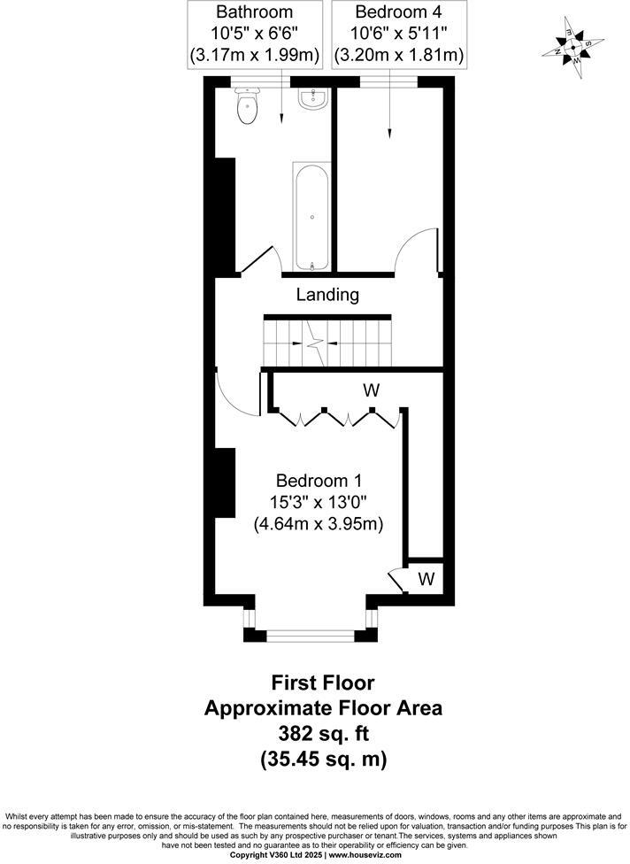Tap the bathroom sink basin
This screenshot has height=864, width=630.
[311, 99]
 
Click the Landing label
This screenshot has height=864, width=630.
[327, 295]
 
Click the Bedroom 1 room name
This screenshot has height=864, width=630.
[319, 481]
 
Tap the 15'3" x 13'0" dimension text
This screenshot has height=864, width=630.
[319, 502]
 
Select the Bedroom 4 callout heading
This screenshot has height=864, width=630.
[398, 12]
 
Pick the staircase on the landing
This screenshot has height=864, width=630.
[327, 341]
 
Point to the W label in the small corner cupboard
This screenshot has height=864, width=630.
[426, 580]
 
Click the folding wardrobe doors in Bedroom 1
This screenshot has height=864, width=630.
[336, 417]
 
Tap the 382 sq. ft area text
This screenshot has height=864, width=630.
[323, 733]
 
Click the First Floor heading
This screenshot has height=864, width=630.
[323, 683]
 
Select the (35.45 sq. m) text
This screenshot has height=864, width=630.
[323, 759]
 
